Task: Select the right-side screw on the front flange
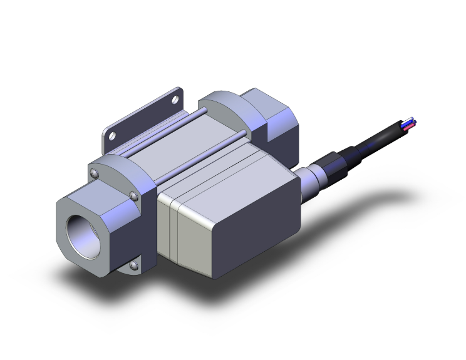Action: tap(135, 197)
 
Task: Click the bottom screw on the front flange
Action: tap(133, 266)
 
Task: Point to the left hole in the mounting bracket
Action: tap(112, 135)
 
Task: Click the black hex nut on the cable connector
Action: tap(328, 168)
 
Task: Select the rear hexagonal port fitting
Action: tap(276, 125)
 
